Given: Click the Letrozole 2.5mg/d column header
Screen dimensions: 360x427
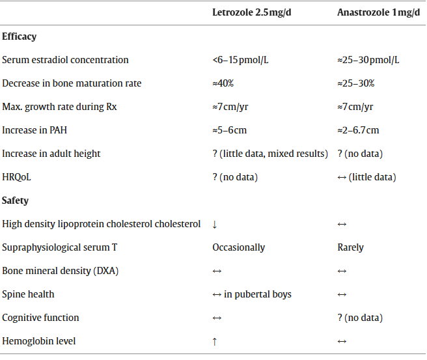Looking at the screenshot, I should (251, 13).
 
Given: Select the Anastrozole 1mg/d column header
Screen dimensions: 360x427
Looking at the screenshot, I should (378, 13).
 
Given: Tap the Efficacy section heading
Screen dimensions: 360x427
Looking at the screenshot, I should (20, 36).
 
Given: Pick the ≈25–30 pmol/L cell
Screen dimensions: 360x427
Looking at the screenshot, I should (368, 60).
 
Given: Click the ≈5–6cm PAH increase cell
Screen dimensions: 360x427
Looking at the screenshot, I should (230, 130).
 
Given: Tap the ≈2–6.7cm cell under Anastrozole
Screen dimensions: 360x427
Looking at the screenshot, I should (358, 130).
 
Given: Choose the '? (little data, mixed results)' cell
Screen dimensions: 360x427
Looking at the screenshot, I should (270, 154).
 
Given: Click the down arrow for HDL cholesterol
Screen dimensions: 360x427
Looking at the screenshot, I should (215, 225).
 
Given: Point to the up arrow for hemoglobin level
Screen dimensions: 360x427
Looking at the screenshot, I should (215, 342).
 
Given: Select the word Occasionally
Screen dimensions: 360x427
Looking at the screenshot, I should (239, 247).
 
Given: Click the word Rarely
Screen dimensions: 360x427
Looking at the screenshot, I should (351, 247).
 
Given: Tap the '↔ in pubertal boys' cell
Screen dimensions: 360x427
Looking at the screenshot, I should (252, 294).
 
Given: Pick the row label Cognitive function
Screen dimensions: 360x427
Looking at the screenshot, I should (40, 318).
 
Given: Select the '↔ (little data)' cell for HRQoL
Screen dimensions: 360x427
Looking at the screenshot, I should (366, 177).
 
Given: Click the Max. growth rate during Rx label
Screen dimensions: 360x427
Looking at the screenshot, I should (59, 107).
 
